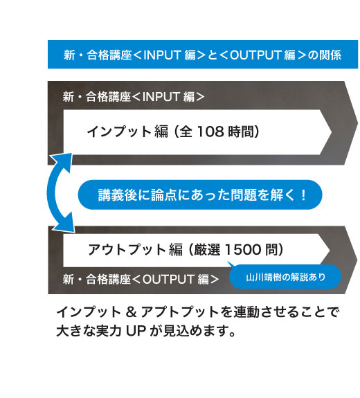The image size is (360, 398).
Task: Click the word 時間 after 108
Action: pos(240,132)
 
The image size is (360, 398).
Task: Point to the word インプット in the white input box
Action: pos(119,132)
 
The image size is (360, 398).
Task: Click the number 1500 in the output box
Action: pos(243,249)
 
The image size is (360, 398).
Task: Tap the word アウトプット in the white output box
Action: pos(127,249)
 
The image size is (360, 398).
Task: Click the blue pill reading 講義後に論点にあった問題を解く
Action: pos(200,195)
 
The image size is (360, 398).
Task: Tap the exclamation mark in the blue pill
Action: pos(303,195)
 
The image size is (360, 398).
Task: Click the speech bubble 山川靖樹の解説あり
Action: pos(285,277)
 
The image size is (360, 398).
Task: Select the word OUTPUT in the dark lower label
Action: pos(168,279)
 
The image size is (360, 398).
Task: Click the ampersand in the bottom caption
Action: pos(131,312)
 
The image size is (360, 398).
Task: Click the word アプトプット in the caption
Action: pos(180,312)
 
